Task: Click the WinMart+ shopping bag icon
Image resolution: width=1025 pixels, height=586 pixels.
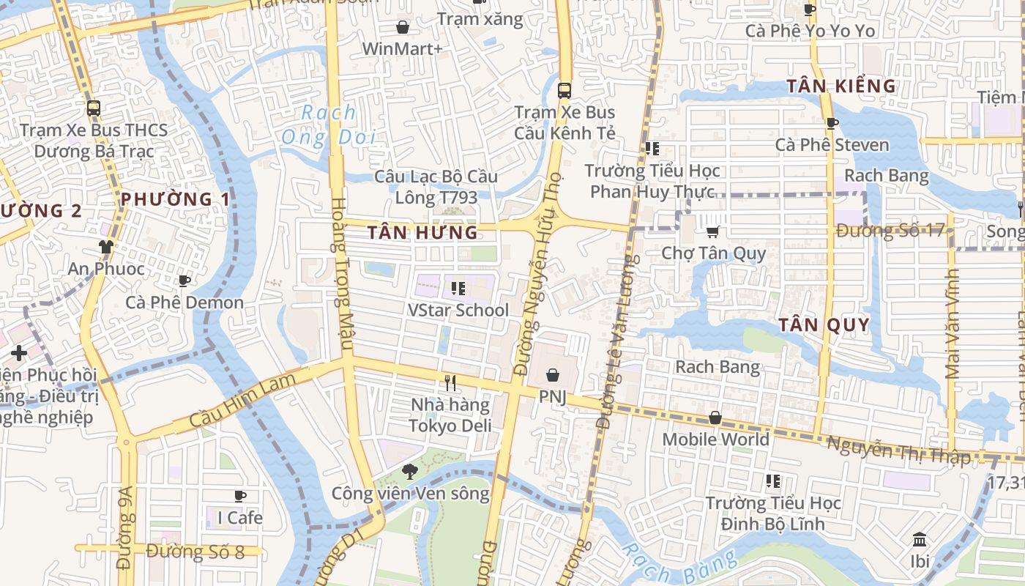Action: point(402,28)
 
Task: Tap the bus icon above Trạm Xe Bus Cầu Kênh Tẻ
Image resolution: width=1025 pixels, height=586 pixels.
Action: point(564,91)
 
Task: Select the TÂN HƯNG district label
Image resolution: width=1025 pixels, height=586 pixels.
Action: point(422,233)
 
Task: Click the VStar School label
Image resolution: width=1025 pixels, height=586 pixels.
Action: point(458,310)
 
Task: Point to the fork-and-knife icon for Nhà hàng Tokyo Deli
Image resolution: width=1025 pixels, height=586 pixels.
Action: point(450,382)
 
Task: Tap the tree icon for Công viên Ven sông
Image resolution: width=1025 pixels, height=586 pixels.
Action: point(410,472)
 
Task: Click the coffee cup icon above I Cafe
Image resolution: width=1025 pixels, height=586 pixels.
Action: point(239,497)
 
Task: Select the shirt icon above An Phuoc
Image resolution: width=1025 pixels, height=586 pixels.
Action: point(106,247)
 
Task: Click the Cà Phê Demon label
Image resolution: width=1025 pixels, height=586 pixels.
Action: point(184,303)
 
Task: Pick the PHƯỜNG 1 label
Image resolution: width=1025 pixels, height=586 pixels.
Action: point(175,199)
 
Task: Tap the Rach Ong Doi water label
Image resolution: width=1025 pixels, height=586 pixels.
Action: point(329,125)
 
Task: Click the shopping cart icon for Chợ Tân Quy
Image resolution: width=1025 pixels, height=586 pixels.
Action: point(712,232)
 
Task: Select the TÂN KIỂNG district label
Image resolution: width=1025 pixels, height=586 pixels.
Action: point(841,86)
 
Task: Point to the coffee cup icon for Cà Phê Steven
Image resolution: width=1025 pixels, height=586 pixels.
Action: point(832,123)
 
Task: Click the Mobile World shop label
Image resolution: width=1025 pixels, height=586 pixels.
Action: point(715,439)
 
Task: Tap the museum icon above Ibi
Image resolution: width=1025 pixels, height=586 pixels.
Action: point(920,541)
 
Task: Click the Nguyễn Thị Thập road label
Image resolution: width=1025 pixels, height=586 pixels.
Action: point(898,450)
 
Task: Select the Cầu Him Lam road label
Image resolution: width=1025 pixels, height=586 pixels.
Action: point(242,400)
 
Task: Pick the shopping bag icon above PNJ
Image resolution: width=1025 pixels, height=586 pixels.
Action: point(553,375)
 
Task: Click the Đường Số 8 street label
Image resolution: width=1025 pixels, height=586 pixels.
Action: point(195,552)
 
